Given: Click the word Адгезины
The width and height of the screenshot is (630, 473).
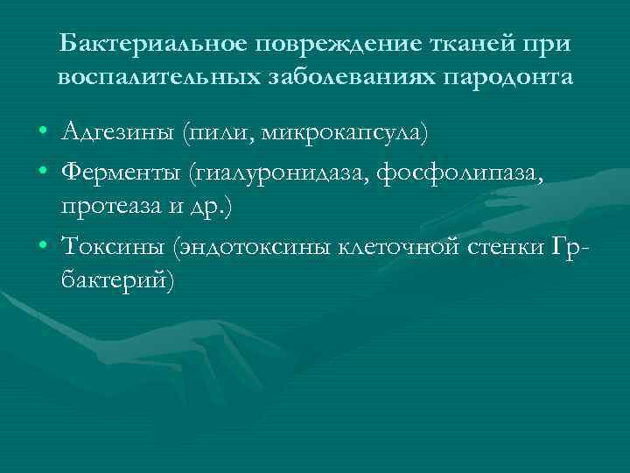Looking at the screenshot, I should pyautogui.click(x=119, y=133).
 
